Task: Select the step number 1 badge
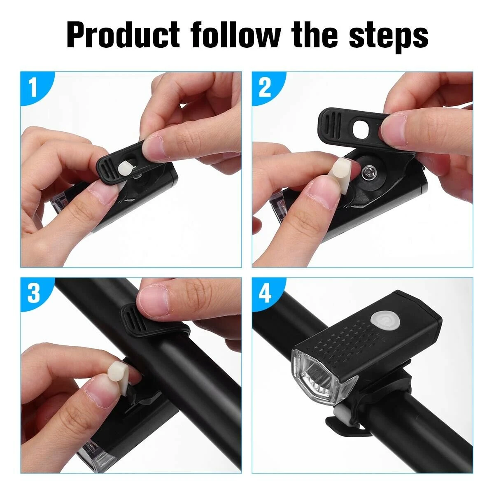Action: coord(33,88)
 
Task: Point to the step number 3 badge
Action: coord(33,293)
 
